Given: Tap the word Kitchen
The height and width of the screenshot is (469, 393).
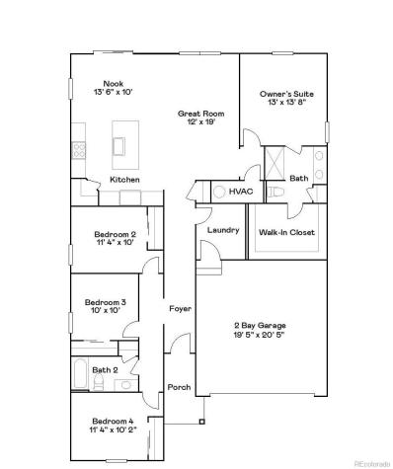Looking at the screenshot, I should point(124,179).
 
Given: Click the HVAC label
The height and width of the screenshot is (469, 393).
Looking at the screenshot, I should point(240,192).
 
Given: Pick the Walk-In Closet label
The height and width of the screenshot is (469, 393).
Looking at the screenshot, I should point(285,233).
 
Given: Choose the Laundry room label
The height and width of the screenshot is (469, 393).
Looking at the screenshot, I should point(223,230).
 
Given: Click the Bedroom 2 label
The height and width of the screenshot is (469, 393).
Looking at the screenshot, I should point(108,233).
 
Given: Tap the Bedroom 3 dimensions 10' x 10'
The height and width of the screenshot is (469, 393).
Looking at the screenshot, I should point(102,310).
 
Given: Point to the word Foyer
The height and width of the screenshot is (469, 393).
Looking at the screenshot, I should point(180,308).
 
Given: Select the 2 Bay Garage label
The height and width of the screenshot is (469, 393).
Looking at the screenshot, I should point(262,325).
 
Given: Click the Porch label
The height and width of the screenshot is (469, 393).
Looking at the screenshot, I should point(179,386).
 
